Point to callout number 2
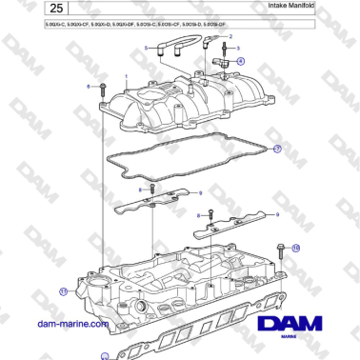(230, 34)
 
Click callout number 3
(237, 47)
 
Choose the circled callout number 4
(240, 61)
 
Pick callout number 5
(146, 47)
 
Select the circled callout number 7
(277, 149)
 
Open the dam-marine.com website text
(72, 324)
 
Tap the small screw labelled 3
(226, 49)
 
